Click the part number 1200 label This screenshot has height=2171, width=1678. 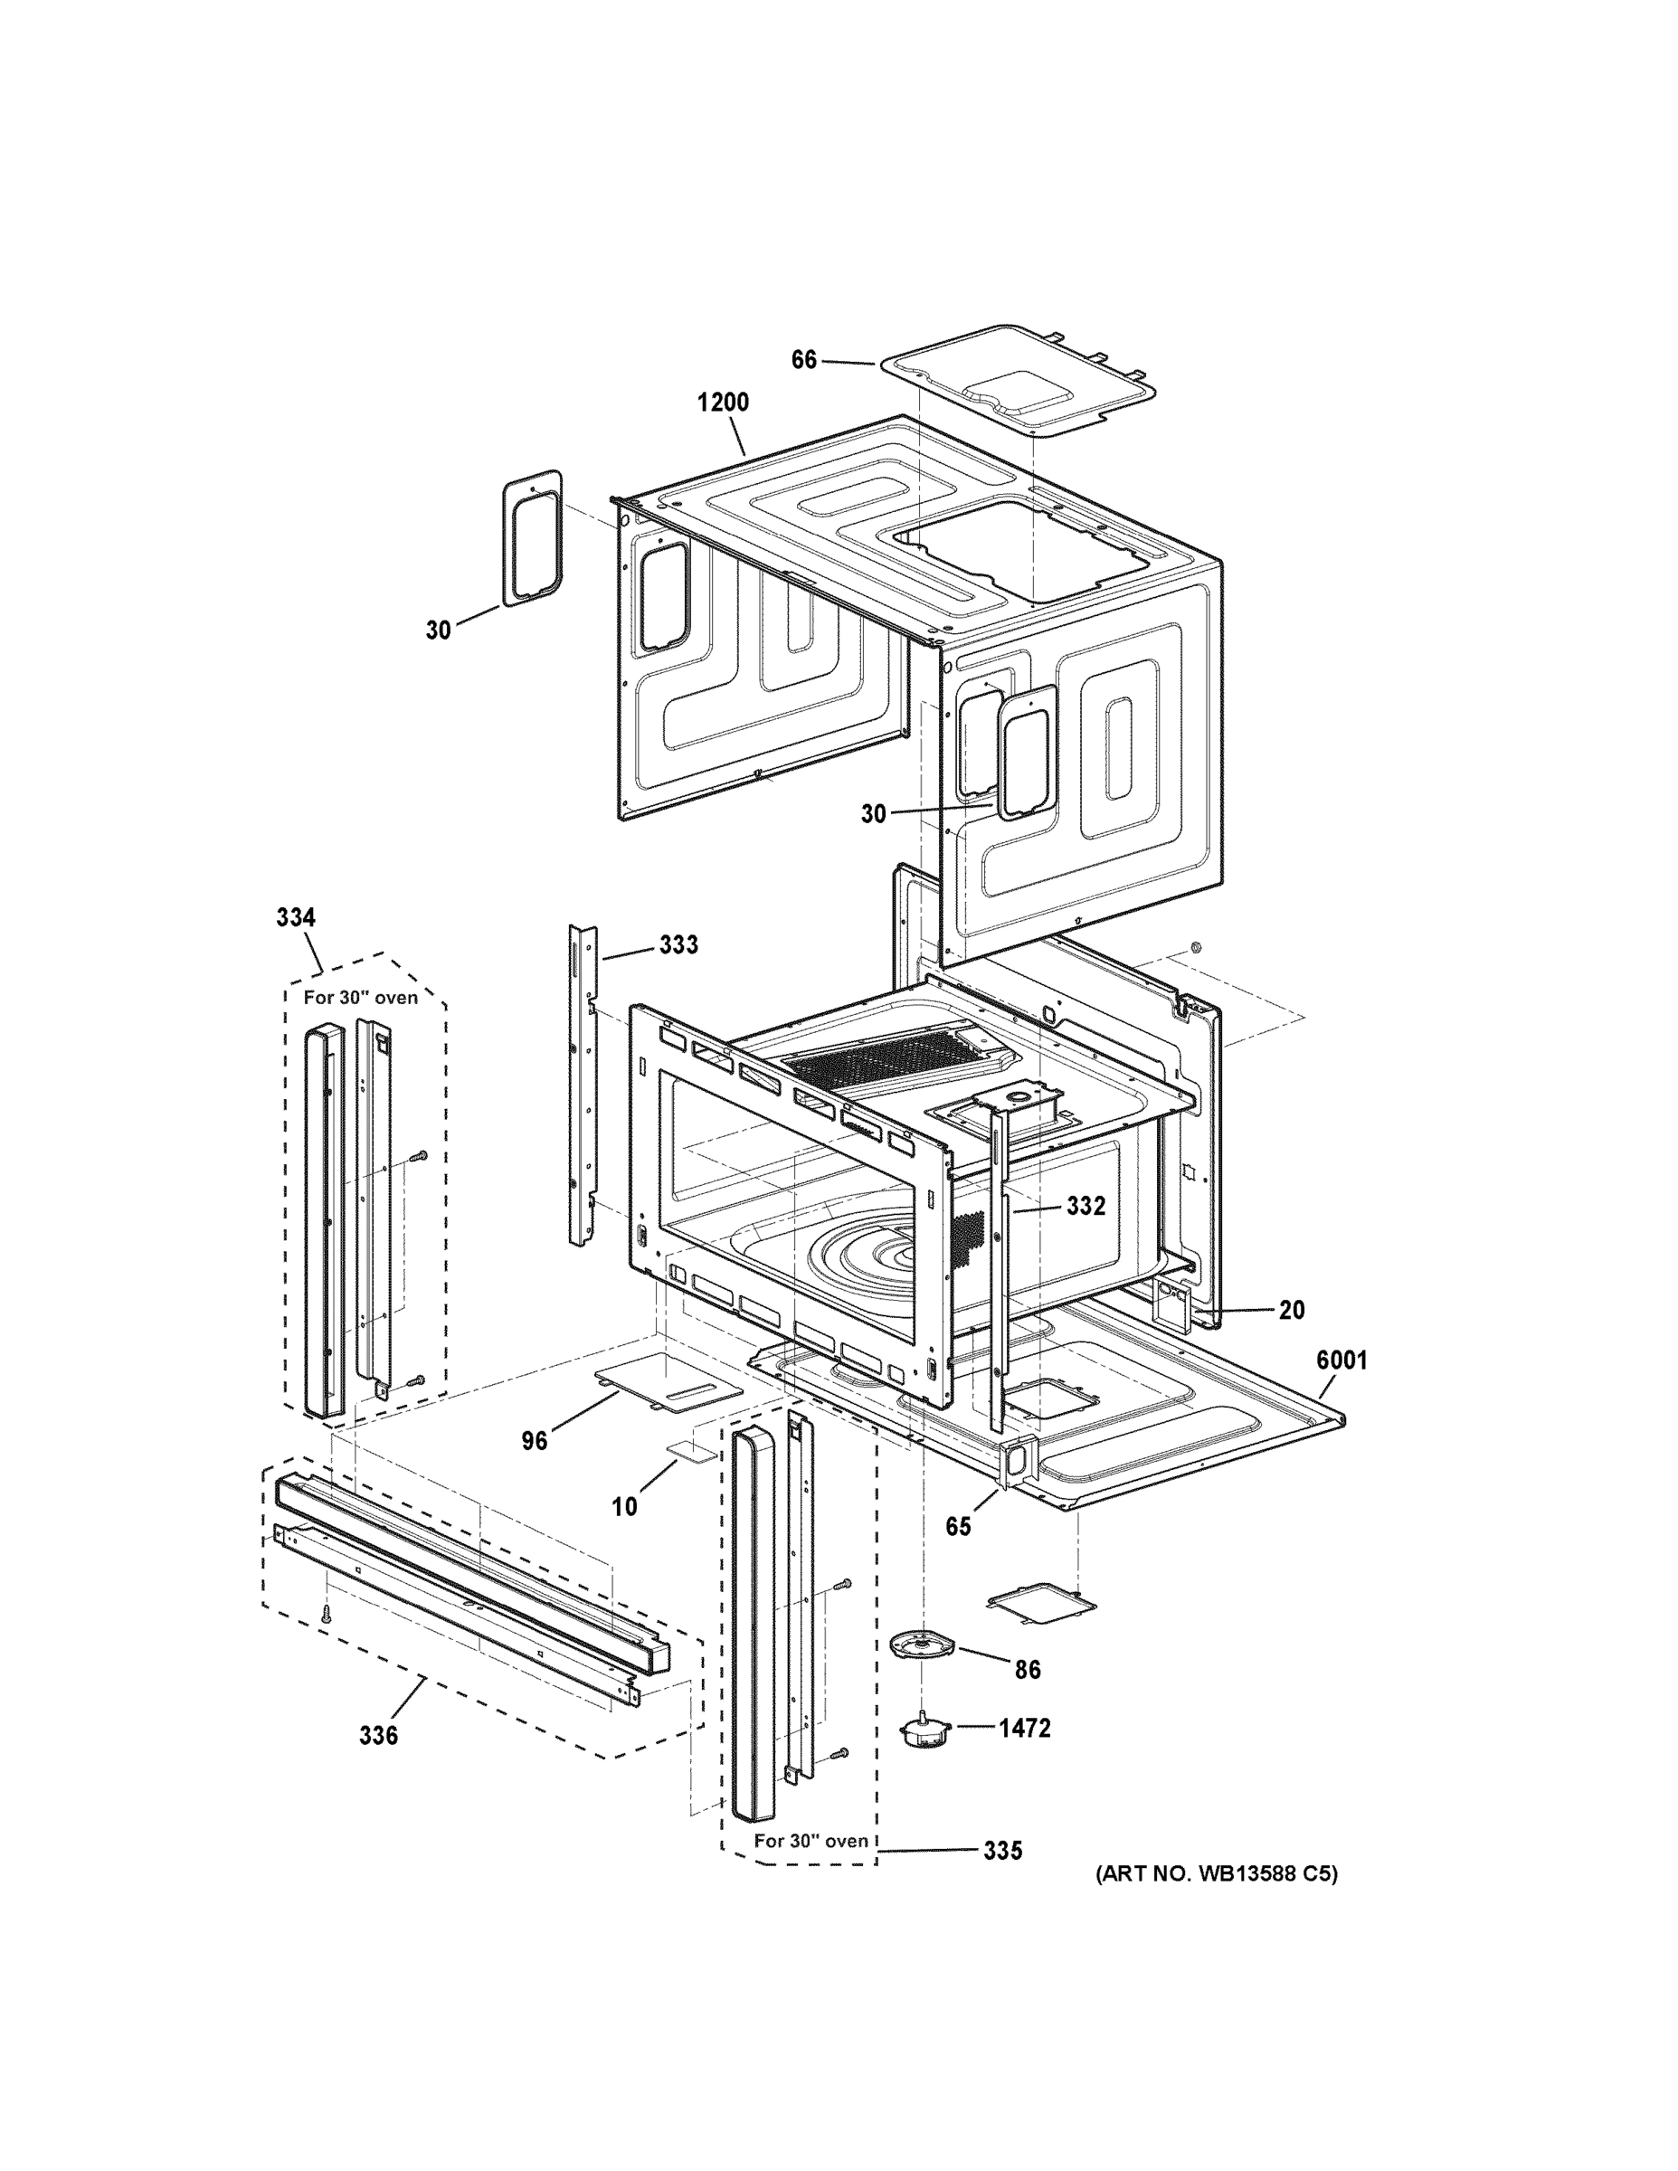(x=723, y=403)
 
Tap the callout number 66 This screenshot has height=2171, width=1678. (x=803, y=360)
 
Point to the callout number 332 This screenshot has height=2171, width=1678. (x=1085, y=1206)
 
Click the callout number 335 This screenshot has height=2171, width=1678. (x=1002, y=1851)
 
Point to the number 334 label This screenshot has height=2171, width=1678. (x=295, y=917)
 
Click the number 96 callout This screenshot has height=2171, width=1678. (x=534, y=1441)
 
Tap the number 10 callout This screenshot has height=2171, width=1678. (x=623, y=1507)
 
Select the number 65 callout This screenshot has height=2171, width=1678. (x=957, y=1527)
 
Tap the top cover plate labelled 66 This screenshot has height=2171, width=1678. (x=1019, y=381)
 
